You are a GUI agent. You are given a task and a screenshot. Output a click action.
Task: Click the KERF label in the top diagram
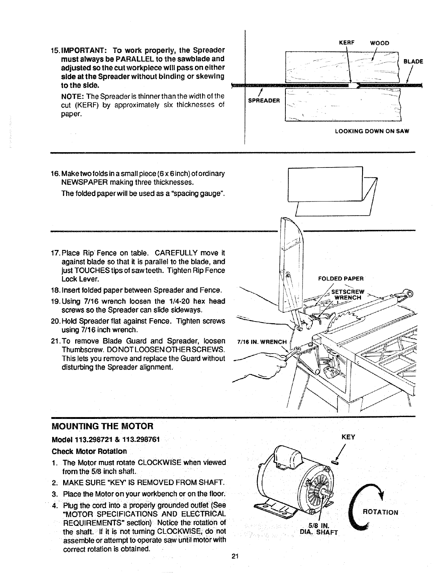345,43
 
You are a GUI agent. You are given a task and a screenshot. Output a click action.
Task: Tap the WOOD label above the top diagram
380,43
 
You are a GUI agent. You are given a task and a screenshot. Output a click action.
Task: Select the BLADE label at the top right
413,61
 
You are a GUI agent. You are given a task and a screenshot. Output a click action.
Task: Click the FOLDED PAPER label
341,279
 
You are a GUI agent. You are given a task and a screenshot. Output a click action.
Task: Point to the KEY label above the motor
349,437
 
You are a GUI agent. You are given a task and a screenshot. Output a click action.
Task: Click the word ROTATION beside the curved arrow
380,512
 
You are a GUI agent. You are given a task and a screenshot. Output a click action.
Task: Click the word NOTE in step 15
72,96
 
